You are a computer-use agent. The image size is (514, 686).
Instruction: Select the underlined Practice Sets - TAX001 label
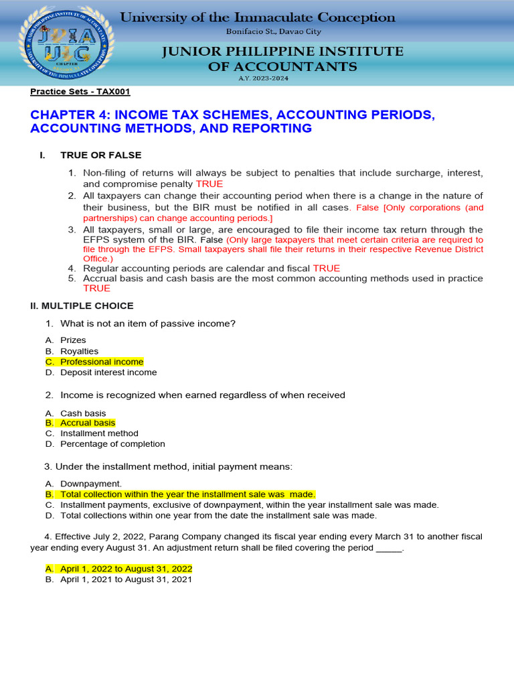click(x=80, y=92)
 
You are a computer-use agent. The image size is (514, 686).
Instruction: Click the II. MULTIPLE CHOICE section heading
click(x=82, y=305)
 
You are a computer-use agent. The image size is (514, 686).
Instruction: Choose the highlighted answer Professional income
click(x=102, y=362)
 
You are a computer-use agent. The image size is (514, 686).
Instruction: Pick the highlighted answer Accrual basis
click(x=88, y=423)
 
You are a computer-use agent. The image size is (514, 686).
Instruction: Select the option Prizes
click(x=73, y=340)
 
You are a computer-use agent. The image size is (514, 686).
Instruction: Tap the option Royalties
click(x=79, y=351)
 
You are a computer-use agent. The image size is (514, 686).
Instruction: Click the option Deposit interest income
click(x=108, y=372)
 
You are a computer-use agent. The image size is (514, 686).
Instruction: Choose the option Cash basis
click(x=83, y=413)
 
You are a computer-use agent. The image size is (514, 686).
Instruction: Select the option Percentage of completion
click(x=112, y=443)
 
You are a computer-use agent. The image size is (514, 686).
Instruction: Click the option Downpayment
click(x=91, y=483)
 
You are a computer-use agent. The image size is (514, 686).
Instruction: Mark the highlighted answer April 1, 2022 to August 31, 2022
click(x=126, y=568)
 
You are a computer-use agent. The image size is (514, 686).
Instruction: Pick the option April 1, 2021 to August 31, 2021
click(x=126, y=579)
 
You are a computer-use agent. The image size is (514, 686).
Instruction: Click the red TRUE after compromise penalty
click(x=209, y=184)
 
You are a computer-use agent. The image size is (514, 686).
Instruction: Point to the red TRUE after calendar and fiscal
click(x=327, y=268)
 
